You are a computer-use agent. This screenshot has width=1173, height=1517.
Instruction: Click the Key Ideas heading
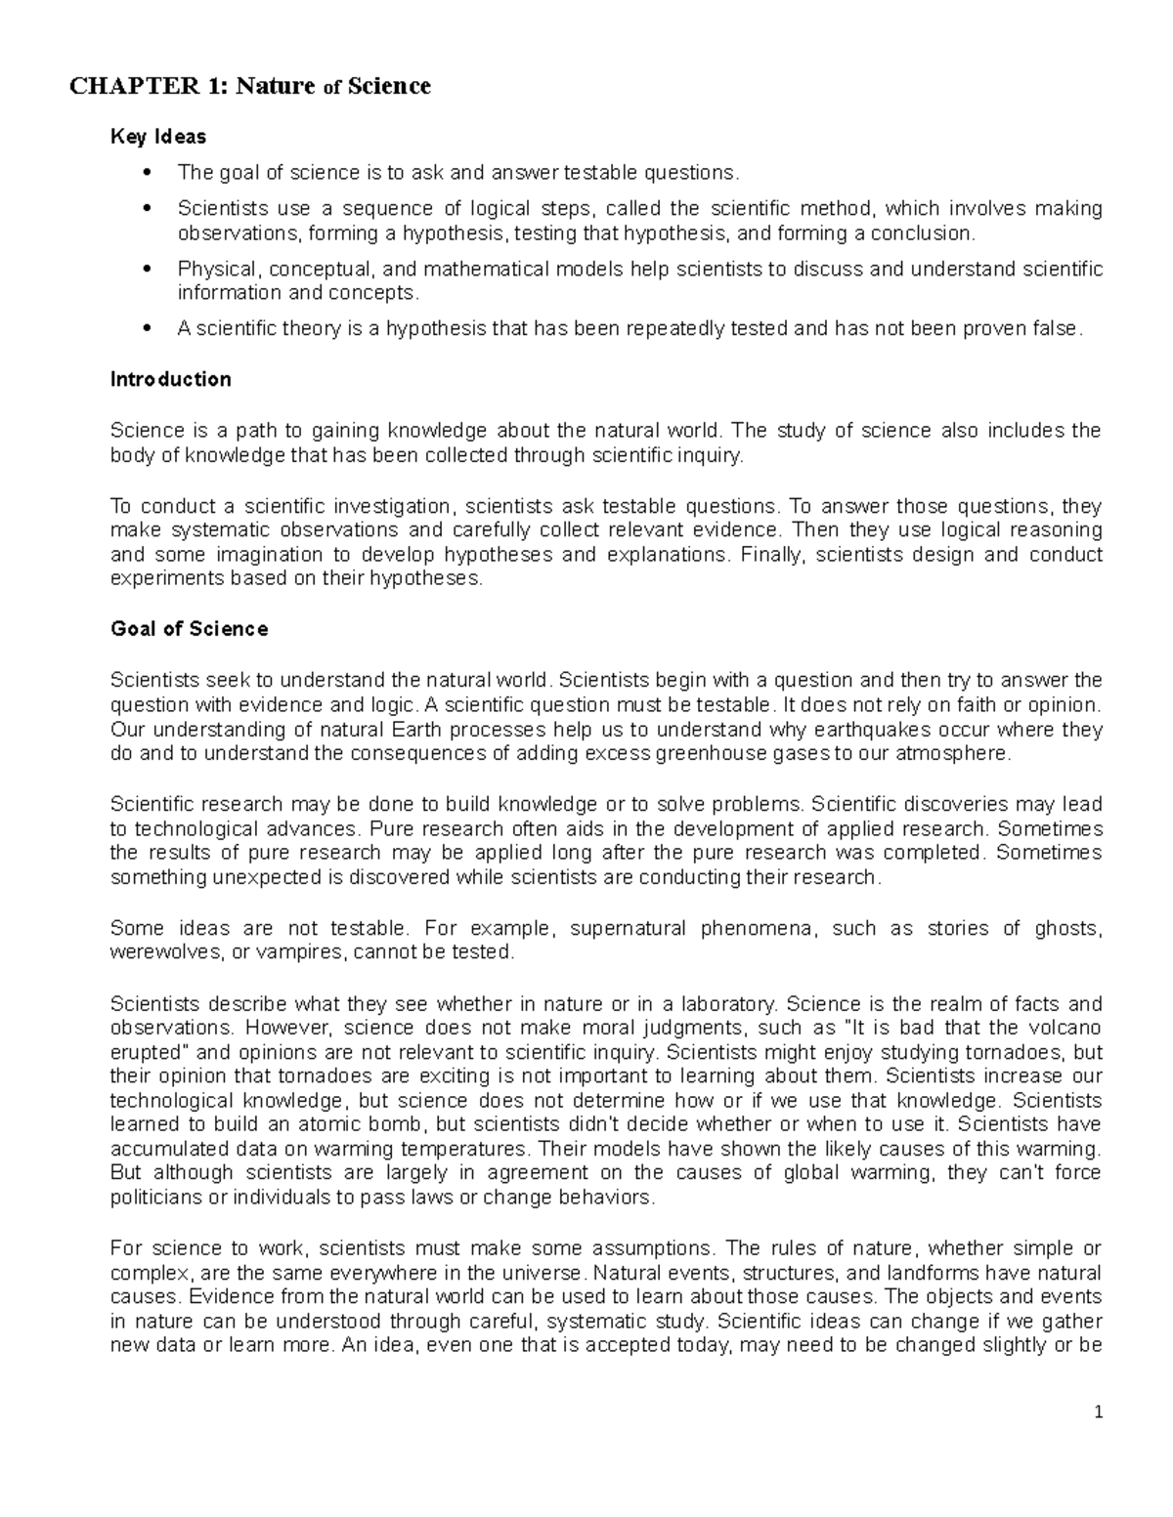click(158, 138)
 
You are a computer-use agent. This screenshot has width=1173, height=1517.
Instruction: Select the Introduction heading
click(171, 379)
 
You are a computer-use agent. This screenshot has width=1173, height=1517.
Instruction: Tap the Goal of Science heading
click(190, 629)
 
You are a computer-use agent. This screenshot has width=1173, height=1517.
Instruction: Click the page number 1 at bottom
click(1099, 1412)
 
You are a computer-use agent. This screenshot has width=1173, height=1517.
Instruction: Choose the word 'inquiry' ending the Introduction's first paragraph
click(711, 455)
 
